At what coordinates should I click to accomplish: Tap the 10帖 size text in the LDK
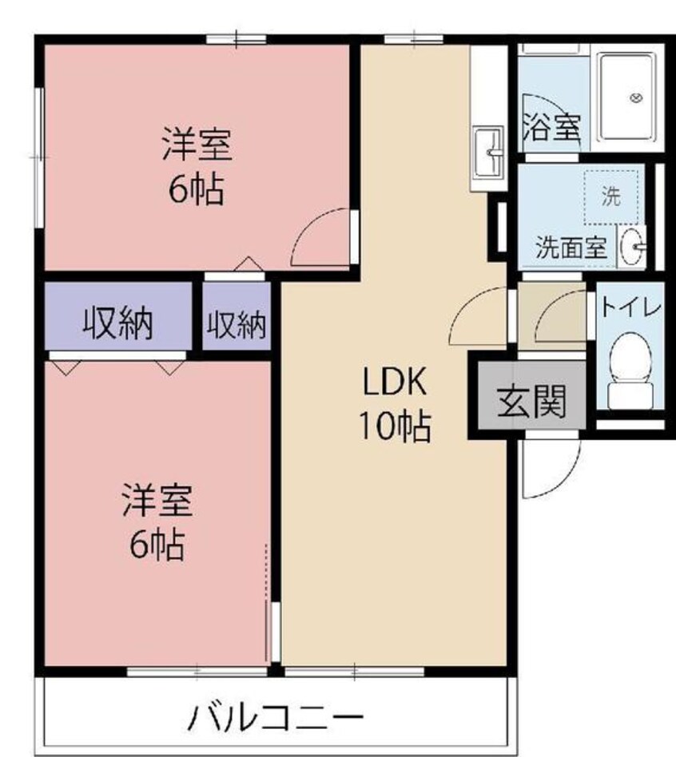394,428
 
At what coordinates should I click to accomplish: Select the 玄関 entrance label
531,401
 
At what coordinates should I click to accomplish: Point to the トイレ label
630,307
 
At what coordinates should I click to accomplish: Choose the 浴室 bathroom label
551,128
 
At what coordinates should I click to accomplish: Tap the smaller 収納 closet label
237,325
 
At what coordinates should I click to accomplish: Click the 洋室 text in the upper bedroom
197,145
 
